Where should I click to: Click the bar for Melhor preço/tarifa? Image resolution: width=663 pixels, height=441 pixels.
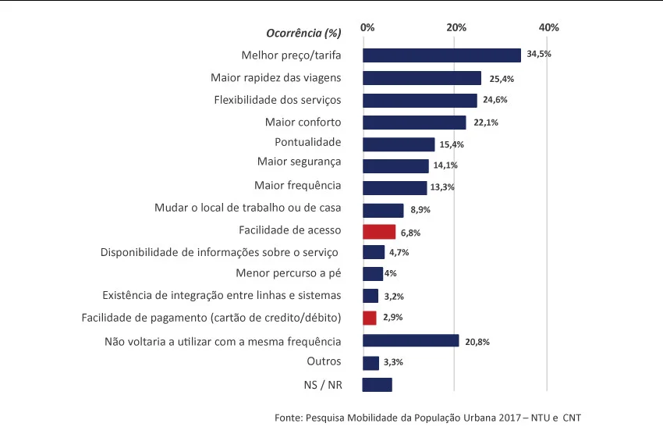(x=441, y=55)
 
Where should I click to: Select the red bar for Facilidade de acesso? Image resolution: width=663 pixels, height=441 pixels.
(x=379, y=232)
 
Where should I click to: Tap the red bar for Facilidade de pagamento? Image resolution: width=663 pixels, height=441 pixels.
(x=370, y=318)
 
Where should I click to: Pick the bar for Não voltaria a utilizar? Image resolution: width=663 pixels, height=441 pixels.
(x=410, y=341)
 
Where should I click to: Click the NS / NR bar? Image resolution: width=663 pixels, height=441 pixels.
(x=378, y=385)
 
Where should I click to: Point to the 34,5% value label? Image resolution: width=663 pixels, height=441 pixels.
(x=539, y=55)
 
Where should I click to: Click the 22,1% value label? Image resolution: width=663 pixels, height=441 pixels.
(x=486, y=123)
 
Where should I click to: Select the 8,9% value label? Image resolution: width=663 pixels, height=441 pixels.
(x=420, y=210)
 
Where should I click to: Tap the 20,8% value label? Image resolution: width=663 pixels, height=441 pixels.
(x=477, y=342)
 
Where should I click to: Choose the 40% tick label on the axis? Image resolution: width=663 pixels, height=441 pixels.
(x=549, y=28)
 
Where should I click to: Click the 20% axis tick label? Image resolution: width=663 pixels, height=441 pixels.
(x=456, y=28)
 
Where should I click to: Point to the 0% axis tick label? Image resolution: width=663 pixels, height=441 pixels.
(x=367, y=28)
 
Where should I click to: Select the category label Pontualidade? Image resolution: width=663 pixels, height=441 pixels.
(x=308, y=142)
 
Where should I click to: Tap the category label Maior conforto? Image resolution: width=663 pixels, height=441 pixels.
(x=303, y=122)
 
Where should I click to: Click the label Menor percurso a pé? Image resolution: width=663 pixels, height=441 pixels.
(x=289, y=273)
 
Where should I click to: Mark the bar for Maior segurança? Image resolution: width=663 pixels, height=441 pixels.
(x=395, y=165)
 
